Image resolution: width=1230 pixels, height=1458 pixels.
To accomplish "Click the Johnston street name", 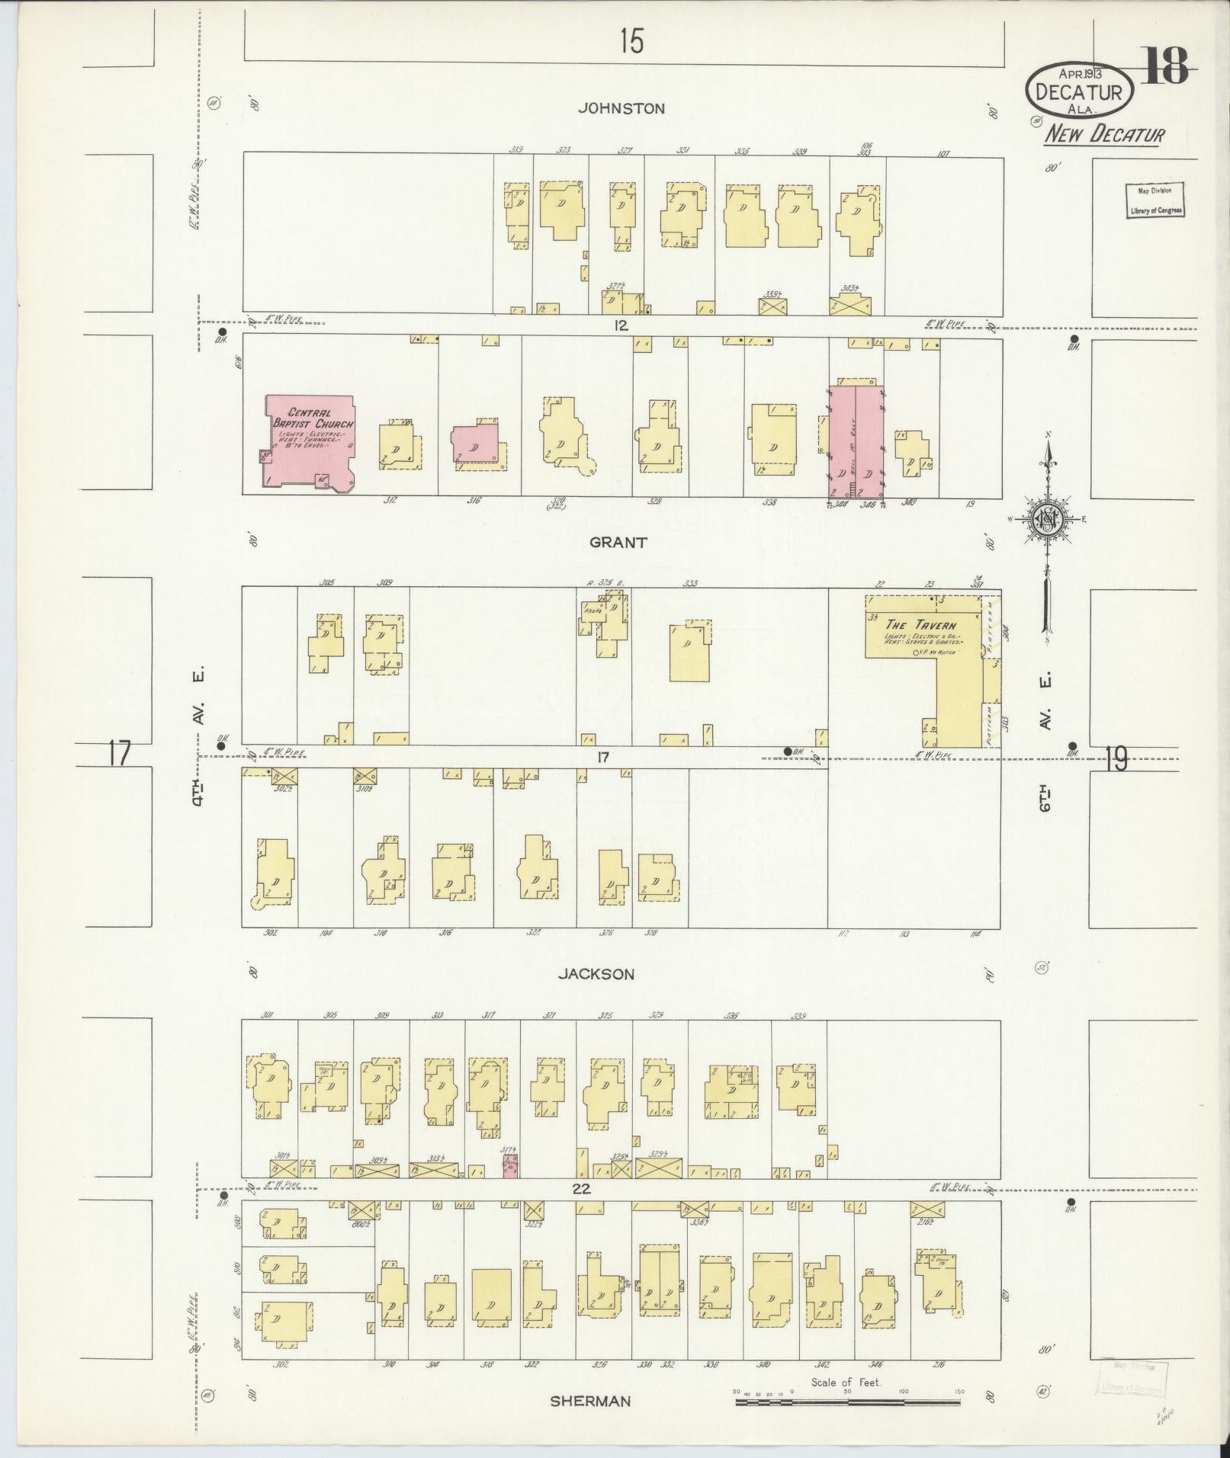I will tap(621, 108).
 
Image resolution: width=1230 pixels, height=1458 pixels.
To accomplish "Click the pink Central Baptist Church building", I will tap(310, 441).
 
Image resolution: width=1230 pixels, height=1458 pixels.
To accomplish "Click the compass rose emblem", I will tap(1047, 520).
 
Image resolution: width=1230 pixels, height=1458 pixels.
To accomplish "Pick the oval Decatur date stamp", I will tap(1079, 90).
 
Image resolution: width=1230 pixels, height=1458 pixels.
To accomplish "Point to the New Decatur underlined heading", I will tap(1104, 135).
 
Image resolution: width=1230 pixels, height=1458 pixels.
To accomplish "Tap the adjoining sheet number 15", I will tap(631, 40).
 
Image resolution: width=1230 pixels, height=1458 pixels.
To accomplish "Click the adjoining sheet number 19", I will tap(1116, 758).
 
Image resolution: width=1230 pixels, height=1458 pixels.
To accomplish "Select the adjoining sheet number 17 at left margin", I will tap(119, 753).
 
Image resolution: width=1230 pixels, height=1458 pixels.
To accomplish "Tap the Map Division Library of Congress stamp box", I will tap(1155, 200).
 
